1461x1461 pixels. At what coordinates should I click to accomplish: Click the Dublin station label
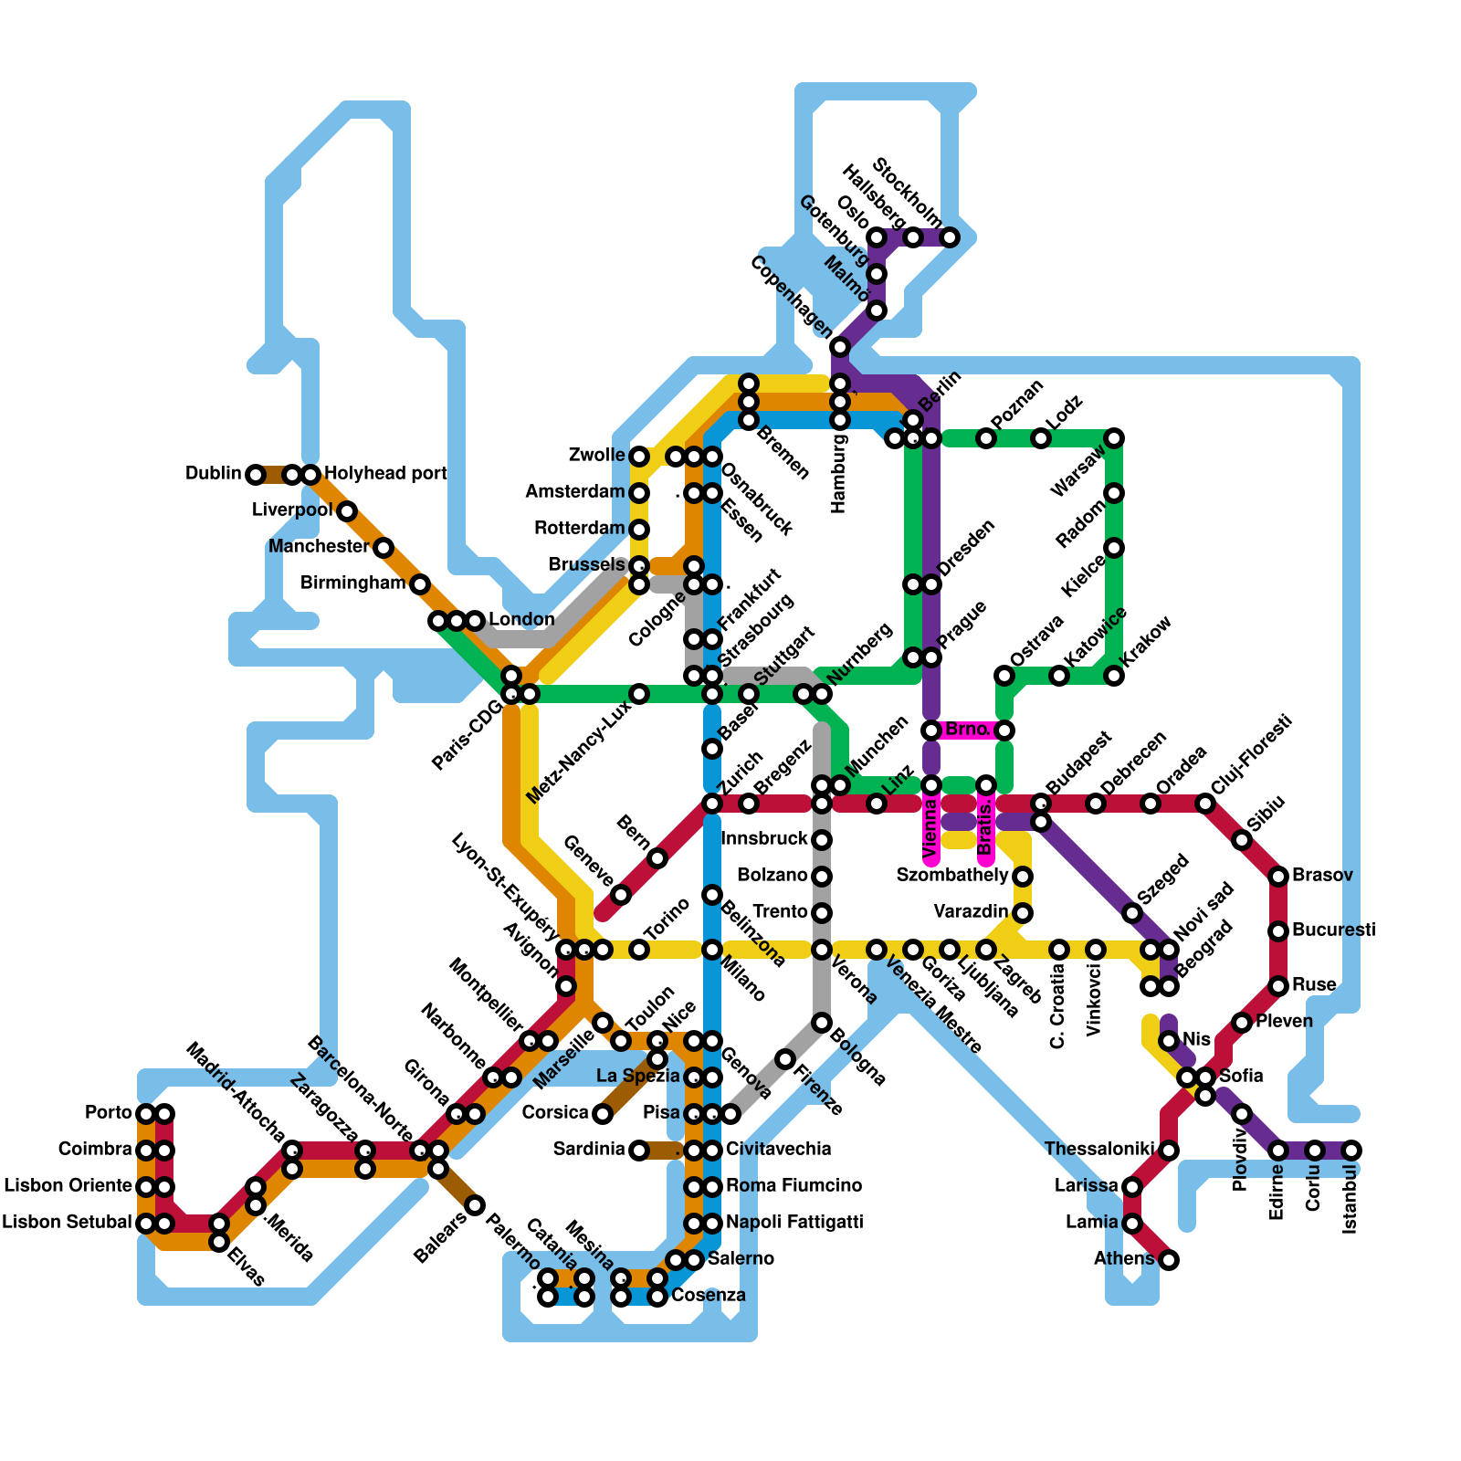[x=213, y=474]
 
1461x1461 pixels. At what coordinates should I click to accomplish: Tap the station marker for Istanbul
[x=1351, y=1151]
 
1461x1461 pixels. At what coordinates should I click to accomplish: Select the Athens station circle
[x=1169, y=1260]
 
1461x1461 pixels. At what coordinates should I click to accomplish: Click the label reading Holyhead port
[x=385, y=474]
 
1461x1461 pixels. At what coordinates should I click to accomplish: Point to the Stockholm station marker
[x=950, y=237]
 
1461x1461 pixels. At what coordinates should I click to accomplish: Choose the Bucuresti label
[x=1333, y=930]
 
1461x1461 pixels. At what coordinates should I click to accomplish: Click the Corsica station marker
[x=603, y=1114]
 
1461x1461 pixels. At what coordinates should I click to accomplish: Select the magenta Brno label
[x=967, y=730]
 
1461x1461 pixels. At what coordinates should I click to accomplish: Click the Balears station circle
[x=475, y=1205]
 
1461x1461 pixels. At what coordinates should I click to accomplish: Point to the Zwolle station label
[x=596, y=456]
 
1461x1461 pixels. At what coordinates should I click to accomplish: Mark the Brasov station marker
[x=1278, y=877]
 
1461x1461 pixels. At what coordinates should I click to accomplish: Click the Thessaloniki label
[x=1098, y=1150]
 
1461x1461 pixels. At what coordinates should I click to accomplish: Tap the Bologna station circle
[x=822, y=1023]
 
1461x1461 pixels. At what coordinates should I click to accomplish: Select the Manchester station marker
[x=384, y=548]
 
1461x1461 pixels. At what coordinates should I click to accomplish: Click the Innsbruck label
[x=764, y=839]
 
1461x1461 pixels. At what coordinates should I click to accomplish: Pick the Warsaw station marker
[x=1114, y=438]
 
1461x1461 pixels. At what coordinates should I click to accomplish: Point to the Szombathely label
[x=951, y=876]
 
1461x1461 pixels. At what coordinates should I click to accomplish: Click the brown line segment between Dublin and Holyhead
[x=274, y=475]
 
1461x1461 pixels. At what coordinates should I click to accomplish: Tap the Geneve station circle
[x=621, y=895]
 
